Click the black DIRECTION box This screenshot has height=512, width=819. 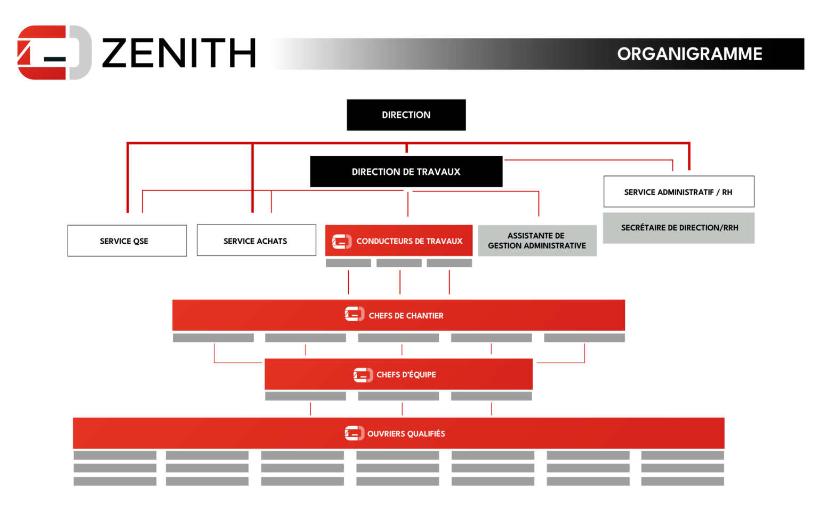click(406, 115)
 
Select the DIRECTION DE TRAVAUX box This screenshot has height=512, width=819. click(406, 172)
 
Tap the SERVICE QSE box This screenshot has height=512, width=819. click(127, 241)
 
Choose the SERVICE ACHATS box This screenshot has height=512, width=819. click(256, 241)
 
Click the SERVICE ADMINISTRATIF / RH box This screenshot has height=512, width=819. click(678, 192)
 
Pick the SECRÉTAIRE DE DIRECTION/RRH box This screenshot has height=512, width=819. click(679, 228)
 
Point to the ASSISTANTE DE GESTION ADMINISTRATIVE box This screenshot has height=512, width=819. click(537, 241)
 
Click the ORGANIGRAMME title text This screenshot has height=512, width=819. click(689, 54)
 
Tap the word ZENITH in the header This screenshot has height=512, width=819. click(179, 53)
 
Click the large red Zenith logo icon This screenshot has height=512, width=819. click(54, 53)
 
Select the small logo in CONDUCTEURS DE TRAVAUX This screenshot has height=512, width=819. click(342, 242)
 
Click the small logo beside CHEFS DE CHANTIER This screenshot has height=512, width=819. click(355, 315)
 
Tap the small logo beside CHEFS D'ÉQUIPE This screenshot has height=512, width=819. click(363, 375)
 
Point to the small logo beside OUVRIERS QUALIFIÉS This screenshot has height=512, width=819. click(355, 433)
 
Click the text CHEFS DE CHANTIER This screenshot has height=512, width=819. click(406, 316)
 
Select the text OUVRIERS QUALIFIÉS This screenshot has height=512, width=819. click(406, 434)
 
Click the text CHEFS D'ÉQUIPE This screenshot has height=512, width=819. click(406, 375)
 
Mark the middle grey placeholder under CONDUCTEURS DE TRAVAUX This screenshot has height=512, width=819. click(399, 263)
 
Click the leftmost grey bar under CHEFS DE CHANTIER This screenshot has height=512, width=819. click(213, 338)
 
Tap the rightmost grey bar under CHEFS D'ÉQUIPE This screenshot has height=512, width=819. click(491, 396)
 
